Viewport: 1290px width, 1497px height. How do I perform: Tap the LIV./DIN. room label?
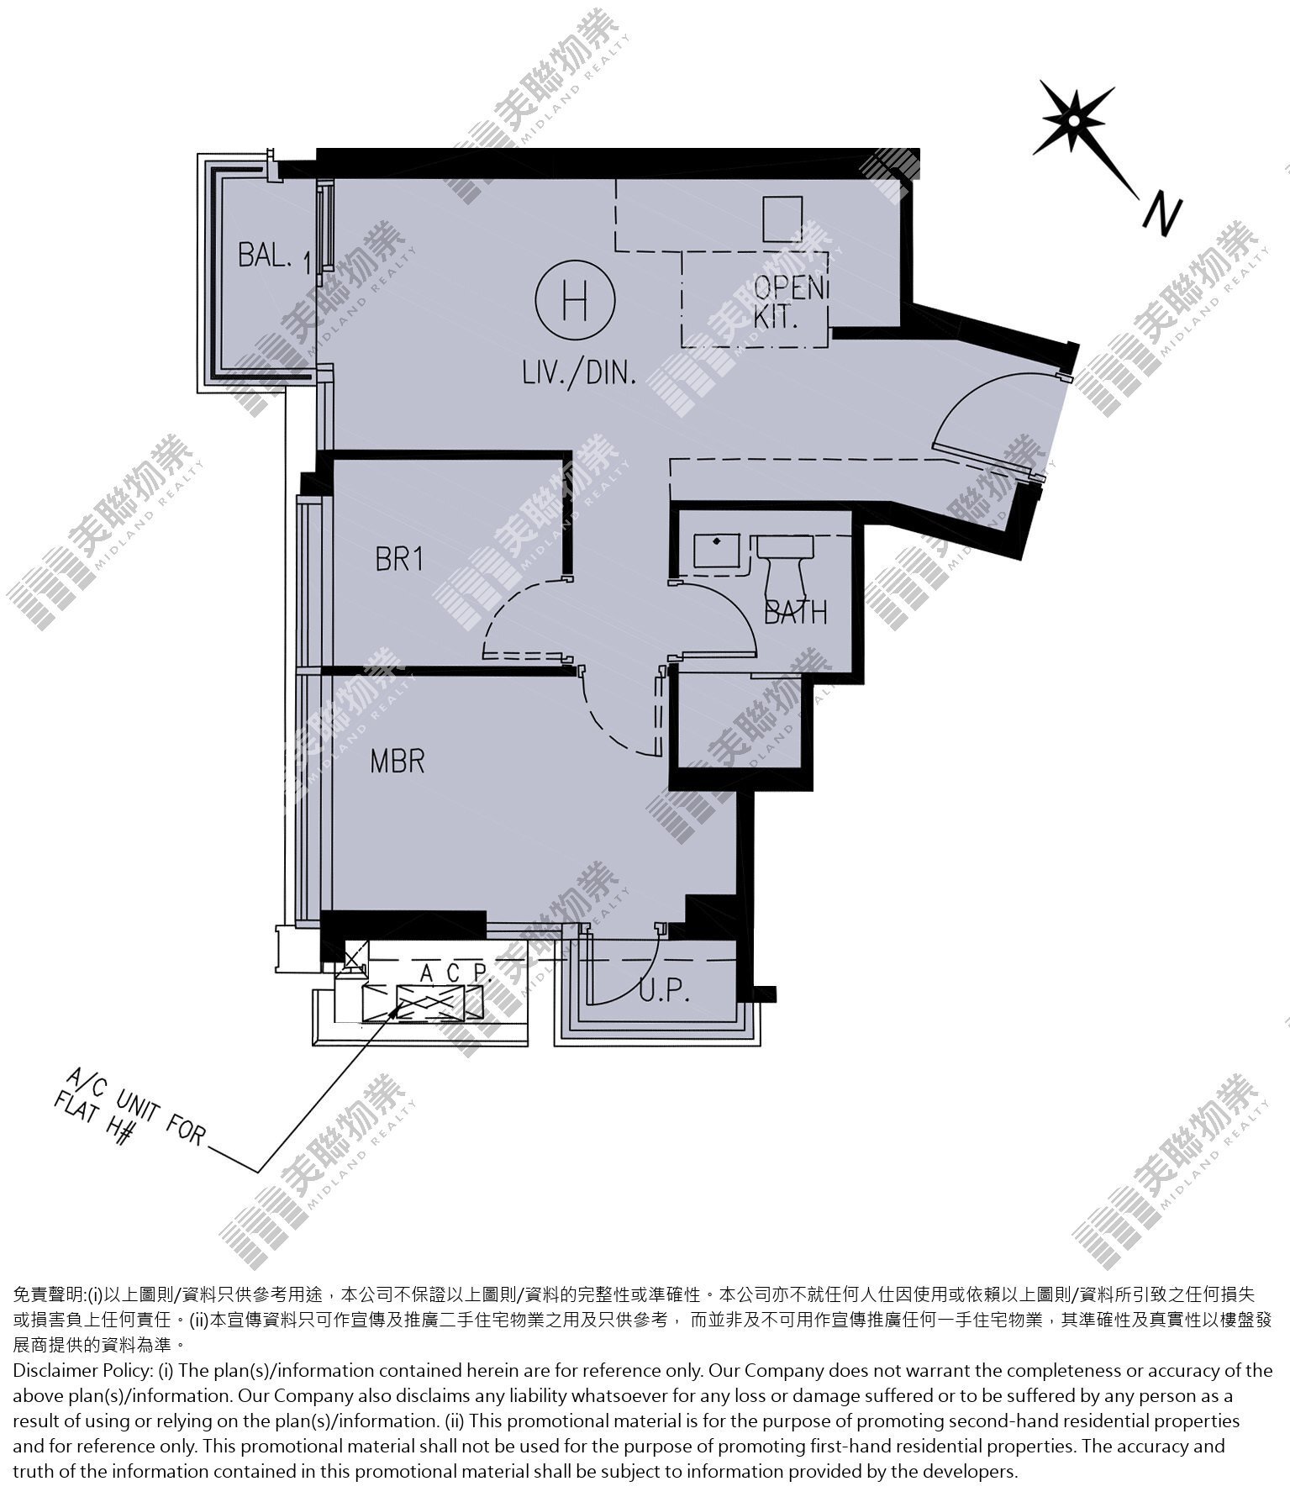pyautogui.click(x=578, y=372)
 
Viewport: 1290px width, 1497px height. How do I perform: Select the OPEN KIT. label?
pyautogui.click(x=787, y=302)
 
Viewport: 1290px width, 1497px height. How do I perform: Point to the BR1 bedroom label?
pyautogui.click(x=399, y=559)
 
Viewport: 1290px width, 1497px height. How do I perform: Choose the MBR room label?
pyautogui.click(x=398, y=762)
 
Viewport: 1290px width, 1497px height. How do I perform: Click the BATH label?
pyautogui.click(x=796, y=612)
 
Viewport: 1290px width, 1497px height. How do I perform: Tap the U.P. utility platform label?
pyautogui.click(x=665, y=993)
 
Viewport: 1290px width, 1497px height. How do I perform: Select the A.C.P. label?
pyautogui.click(x=455, y=973)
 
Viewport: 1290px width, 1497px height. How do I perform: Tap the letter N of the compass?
pyautogui.click(x=1162, y=214)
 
